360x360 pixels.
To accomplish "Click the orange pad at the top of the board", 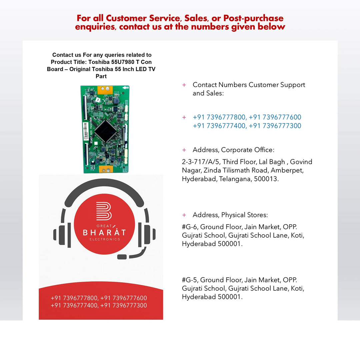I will pyautogui.click(x=105, y=89).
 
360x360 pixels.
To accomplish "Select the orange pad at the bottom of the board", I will pyautogui.click(x=106, y=170).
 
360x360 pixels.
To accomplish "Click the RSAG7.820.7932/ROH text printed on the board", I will pyautogui.click(x=91, y=131).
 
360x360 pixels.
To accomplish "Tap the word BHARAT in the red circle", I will pyautogui.click(x=104, y=232).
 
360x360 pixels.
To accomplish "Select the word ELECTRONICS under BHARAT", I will pyautogui.click(x=104, y=239).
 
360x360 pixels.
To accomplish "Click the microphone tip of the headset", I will pyautogui.click(x=122, y=257).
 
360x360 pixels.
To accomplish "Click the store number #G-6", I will pyautogui.click(x=190, y=227).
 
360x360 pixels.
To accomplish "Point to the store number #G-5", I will pyautogui.click(x=190, y=280).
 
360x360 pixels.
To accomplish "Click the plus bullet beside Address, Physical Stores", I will pyautogui.click(x=184, y=215).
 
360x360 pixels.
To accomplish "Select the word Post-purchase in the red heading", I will pyautogui.click(x=253, y=18).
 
